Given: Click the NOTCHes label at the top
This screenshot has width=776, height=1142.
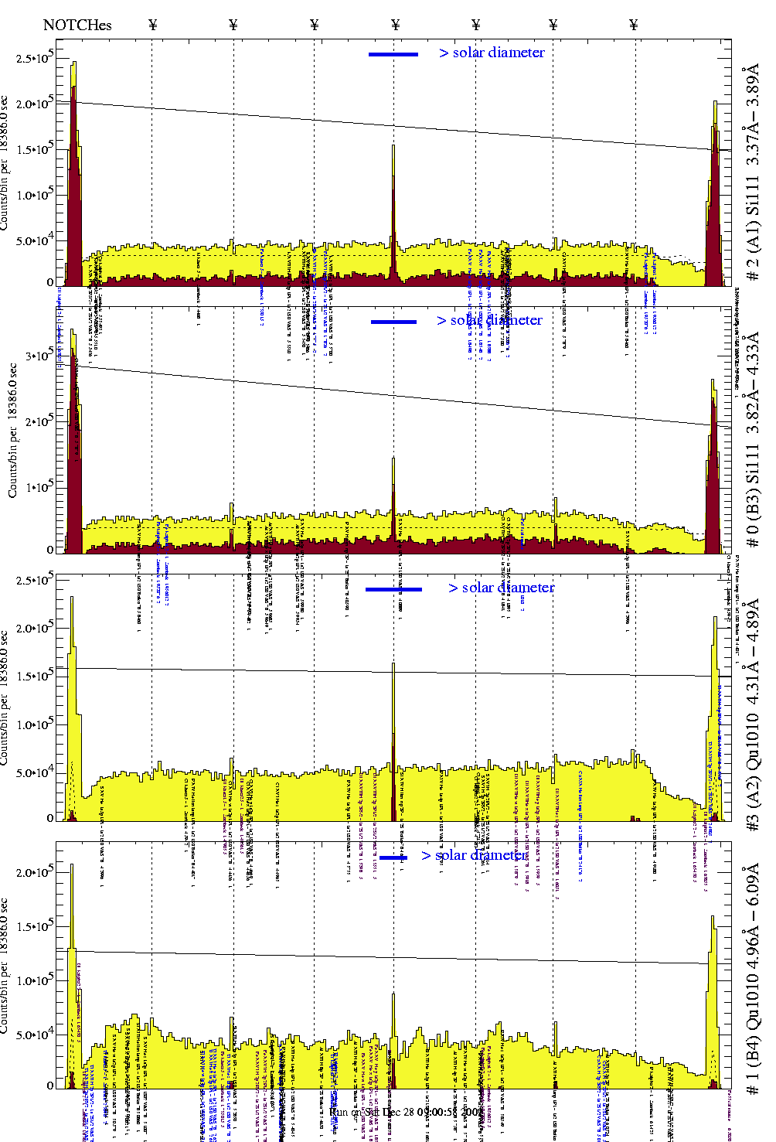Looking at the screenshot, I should tap(77, 25).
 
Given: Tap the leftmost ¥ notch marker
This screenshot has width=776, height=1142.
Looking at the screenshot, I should tap(152, 25).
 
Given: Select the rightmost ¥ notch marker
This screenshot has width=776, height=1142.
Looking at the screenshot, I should tap(634, 25).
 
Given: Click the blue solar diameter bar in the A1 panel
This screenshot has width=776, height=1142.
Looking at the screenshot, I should tap(393, 54).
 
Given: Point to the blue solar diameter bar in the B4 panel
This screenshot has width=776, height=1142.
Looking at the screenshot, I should tap(393, 857).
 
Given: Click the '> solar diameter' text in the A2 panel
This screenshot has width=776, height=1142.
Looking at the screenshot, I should tap(501, 588).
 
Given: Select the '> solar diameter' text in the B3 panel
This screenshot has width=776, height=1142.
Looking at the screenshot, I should tap(489, 320).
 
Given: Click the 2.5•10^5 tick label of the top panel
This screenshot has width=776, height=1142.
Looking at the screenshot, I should tap(35, 58).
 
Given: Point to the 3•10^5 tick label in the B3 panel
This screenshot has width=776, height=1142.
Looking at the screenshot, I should tap(39, 356).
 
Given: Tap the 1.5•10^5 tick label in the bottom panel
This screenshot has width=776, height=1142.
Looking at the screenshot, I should tap(35, 926).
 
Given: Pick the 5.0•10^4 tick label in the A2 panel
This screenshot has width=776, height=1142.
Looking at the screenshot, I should tap(35, 772).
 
